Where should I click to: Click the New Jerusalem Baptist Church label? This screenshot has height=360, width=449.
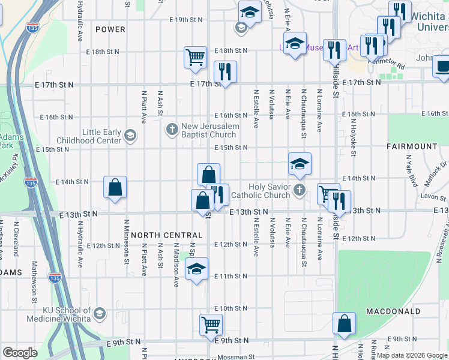pos(211,130)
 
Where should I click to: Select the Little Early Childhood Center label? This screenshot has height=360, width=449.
pos(88,136)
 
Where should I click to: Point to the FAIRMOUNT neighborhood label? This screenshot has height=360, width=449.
pos(412,146)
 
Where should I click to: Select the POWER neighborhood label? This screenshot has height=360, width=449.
pos(110,29)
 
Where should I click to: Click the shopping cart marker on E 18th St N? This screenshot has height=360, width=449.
pos(196,57)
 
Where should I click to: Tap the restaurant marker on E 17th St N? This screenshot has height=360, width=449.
pos(225,71)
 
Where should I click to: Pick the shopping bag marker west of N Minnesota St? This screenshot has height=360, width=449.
pos(115,187)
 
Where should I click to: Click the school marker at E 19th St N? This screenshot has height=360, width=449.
pos(250,11)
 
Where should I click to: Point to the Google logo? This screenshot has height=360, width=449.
pos(20,353)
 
